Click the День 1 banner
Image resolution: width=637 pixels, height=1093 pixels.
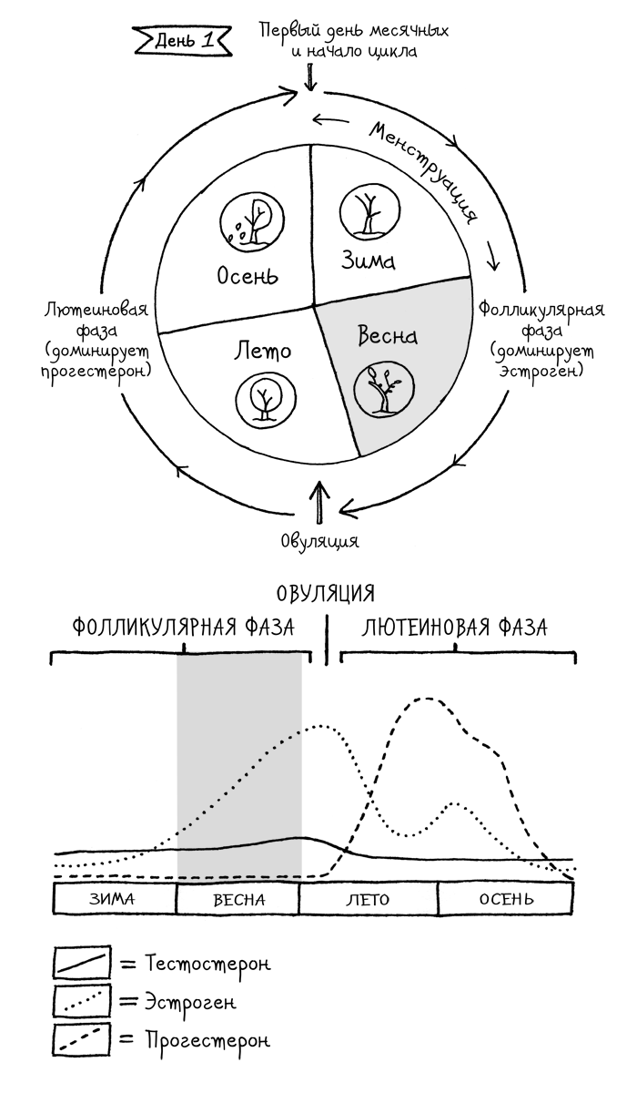pyautogui.click(x=182, y=41)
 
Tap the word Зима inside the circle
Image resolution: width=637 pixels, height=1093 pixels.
pyautogui.click(x=368, y=260)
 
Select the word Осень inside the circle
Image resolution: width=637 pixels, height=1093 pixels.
pyautogui.click(x=248, y=276)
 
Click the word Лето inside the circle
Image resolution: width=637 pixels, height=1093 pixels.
pyautogui.click(x=262, y=350)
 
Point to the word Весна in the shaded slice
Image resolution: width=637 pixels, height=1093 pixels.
pyautogui.click(x=388, y=335)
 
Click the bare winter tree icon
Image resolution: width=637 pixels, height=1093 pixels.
pyautogui.click(x=370, y=210)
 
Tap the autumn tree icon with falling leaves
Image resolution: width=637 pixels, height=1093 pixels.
pyautogui.click(x=251, y=220)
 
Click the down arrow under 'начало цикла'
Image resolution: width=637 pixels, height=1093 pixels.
pyautogui.click(x=310, y=78)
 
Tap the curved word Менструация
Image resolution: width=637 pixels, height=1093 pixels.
pyautogui.click(x=423, y=172)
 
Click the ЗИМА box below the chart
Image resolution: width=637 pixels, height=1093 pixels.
pyautogui.click(x=114, y=899)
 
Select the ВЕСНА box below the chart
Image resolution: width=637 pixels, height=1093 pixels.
pyautogui.click(x=238, y=899)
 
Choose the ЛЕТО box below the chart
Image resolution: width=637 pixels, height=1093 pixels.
pyautogui.click(x=369, y=899)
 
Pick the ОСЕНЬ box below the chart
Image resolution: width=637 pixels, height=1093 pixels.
pyautogui.click(x=506, y=899)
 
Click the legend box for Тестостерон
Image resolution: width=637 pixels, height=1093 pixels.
pyautogui.click(x=81, y=963)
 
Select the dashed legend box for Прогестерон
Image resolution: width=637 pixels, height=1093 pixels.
pyautogui.click(x=81, y=1041)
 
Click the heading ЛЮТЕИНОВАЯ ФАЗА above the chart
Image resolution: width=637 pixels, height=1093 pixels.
pyautogui.click(x=454, y=628)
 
